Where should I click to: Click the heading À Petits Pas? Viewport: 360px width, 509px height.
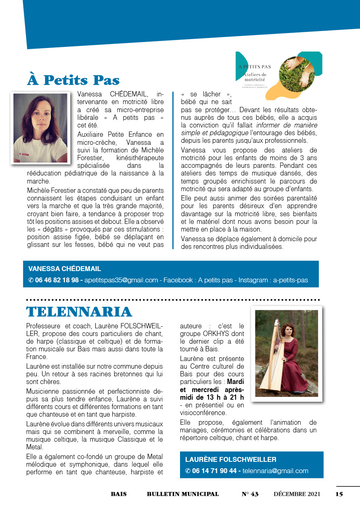pos(73,80)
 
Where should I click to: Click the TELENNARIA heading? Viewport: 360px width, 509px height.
pos(79,311)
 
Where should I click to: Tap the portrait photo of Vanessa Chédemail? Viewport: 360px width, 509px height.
pos(40,128)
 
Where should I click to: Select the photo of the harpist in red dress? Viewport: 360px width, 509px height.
pos(287,353)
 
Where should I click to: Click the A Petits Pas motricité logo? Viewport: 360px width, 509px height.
pos(278,75)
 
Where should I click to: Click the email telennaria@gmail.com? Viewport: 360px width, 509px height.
pos(275,471)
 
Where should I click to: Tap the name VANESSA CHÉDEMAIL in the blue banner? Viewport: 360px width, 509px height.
pos(65,269)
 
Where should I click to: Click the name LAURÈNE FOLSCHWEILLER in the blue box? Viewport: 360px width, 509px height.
pos(231,459)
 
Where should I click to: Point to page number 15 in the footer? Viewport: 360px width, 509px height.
pos(339,494)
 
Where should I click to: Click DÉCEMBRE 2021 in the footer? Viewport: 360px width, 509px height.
pos(297,494)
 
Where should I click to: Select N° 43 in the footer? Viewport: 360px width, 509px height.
pos(250,494)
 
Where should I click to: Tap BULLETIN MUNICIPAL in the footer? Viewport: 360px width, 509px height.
pos(183,494)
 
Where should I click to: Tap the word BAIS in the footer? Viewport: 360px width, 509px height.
pos(119,494)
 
